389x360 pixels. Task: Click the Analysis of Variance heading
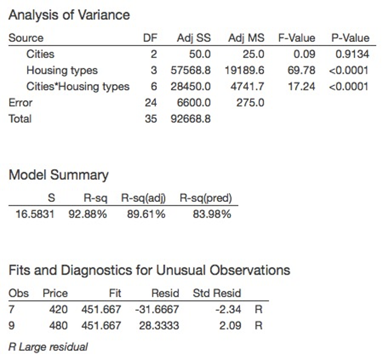69,15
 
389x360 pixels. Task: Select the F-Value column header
297,38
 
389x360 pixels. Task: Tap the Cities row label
40,54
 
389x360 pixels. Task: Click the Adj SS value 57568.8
190,70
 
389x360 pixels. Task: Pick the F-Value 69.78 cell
302,70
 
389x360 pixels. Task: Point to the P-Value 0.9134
352,54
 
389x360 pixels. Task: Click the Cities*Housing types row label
78,87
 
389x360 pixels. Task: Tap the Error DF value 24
151,103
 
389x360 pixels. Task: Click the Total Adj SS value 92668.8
190,119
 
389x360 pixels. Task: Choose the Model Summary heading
58,175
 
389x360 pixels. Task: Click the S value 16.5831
35,214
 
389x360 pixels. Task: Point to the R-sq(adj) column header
143,199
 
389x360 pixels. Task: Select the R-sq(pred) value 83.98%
212,214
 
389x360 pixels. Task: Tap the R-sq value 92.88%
87,214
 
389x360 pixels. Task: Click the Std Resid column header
217,293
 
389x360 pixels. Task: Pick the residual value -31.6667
157,309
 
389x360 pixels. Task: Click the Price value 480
58,326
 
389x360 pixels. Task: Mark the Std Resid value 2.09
231,326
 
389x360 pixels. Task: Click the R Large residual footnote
48,347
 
